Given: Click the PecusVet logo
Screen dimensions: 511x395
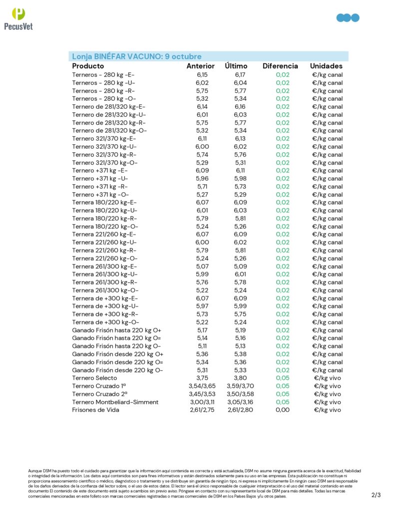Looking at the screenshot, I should (18, 18).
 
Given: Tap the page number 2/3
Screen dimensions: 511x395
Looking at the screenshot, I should (376, 495).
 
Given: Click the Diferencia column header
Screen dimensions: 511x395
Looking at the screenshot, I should (280, 66).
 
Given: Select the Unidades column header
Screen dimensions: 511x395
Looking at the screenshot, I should (326, 66).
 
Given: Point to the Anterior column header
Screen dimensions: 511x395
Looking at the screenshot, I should (200, 66).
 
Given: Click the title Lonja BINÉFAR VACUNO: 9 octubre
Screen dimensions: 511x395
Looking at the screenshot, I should (136, 56).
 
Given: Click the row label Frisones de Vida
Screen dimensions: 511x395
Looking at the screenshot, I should (95, 410).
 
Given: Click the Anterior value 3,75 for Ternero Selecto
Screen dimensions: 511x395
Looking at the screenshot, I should (202, 378).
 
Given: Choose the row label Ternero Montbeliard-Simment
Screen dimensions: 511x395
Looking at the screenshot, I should (115, 402).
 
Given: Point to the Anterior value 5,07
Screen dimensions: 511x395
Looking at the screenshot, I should (202, 266).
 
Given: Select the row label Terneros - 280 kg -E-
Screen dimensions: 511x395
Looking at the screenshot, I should (103, 74).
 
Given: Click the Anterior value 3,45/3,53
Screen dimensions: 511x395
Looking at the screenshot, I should (202, 394).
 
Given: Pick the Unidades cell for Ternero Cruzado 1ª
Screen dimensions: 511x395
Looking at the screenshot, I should (327, 386).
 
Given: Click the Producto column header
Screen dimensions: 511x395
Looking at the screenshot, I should (88, 66).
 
